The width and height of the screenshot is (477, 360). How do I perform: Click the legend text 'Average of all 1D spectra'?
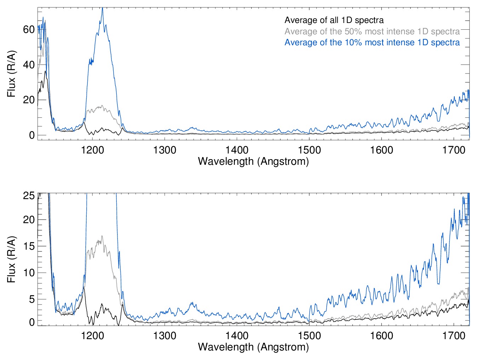(334, 20)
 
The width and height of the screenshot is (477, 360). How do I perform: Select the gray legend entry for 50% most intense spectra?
(372, 31)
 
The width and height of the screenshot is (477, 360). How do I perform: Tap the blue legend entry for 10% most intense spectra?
(372, 42)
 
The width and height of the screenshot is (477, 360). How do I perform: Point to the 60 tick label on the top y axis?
(29, 30)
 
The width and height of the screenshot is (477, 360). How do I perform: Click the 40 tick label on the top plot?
(29, 65)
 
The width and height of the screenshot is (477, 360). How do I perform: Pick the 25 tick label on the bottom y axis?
(29, 196)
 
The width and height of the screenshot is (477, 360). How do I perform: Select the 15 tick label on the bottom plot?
(29, 246)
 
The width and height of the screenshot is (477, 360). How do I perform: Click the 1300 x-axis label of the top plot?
(165, 150)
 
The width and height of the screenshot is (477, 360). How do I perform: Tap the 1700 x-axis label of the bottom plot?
(454, 335)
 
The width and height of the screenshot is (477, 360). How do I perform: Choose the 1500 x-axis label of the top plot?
(309, 150)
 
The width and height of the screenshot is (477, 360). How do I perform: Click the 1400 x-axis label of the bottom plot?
(237, 335)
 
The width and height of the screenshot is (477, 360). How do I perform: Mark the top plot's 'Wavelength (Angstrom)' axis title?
(253, 161)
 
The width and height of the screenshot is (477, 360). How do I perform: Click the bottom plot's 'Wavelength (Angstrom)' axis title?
(253, 347)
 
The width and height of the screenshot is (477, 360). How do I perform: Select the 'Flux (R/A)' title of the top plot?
(12, 74)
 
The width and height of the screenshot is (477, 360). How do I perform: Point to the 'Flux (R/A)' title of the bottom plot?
(12, 259)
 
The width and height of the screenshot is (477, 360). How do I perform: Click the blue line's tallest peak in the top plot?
(102, 8)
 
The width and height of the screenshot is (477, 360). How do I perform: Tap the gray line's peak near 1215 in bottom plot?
(102, 236)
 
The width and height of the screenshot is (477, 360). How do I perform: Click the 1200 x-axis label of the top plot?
(92, 150)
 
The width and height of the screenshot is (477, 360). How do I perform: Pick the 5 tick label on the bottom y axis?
(32, 299)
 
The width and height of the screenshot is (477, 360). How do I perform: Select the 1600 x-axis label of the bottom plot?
(381, 335)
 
